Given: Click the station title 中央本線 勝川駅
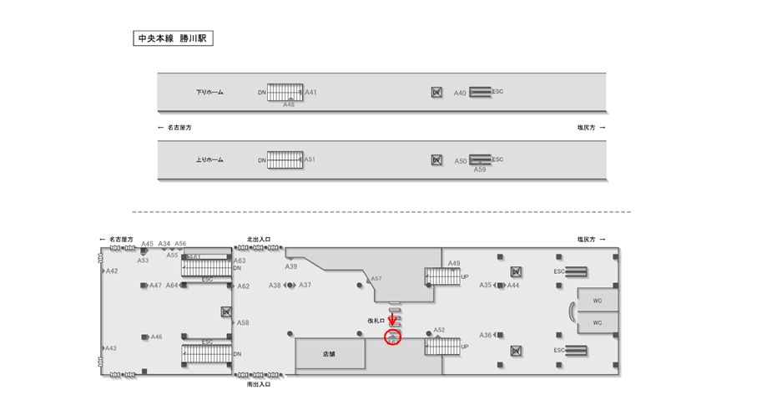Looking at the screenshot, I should pos(173,38).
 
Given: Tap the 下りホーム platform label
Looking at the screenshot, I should pos(209,92).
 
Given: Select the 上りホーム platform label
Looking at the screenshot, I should pos(209,159).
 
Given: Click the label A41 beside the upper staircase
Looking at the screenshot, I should pos(311,92).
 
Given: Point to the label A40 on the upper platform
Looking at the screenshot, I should pos(460,93).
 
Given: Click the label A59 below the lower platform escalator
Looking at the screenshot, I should pos(480,170).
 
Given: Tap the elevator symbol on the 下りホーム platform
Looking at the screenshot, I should pos(436,92).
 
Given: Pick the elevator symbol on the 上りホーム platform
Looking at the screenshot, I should pos(436,159).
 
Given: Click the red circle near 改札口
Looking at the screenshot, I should pos(393,337).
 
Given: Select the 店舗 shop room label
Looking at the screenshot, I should pos(329,354).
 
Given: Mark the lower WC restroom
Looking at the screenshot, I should pos(598,322).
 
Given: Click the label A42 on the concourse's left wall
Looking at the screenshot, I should pos(112,271).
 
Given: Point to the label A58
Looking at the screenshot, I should pos(243,322).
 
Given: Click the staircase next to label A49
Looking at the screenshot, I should pos(442,276).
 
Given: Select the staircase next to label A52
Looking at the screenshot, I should pos(442,346).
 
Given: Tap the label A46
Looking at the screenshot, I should pos(156,337).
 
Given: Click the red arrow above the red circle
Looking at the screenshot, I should pos(392,320).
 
